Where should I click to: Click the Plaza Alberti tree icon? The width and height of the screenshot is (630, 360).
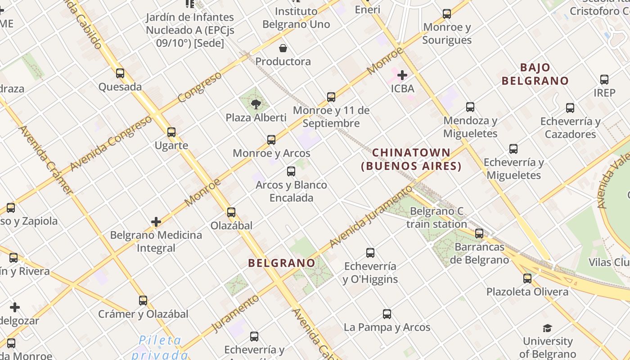click(256, 104)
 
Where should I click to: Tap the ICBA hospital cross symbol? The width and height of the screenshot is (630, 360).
click(402, 75)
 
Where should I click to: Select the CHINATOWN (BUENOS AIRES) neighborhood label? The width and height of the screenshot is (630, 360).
click(411, 159)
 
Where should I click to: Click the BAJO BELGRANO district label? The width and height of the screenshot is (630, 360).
click(535, 74)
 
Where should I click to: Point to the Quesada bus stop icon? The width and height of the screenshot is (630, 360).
click(120, 73)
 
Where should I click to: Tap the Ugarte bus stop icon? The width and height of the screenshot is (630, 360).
click(171, 132)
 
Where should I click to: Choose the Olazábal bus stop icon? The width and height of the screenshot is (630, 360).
click(231, 212)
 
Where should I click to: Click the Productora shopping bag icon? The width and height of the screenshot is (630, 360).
click(283, 48)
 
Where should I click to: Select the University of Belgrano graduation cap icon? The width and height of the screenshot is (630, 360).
click(547, 328)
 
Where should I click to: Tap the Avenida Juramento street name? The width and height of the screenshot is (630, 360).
click(371, 216)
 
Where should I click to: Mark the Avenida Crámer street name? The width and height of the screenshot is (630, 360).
click(45, 160)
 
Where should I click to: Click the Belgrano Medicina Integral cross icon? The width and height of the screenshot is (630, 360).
click(156, 222)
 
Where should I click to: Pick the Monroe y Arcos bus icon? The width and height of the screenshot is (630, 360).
click(271, 140)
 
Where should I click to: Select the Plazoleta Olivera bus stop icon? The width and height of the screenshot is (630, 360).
click(527, 279)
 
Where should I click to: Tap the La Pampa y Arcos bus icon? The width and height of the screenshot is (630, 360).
click(387, 314)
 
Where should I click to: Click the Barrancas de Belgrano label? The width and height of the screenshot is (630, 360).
click(482, 253)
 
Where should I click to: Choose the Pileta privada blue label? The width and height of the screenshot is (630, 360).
click(160, 347)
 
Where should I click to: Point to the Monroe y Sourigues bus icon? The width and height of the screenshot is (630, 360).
click(447, 14)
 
